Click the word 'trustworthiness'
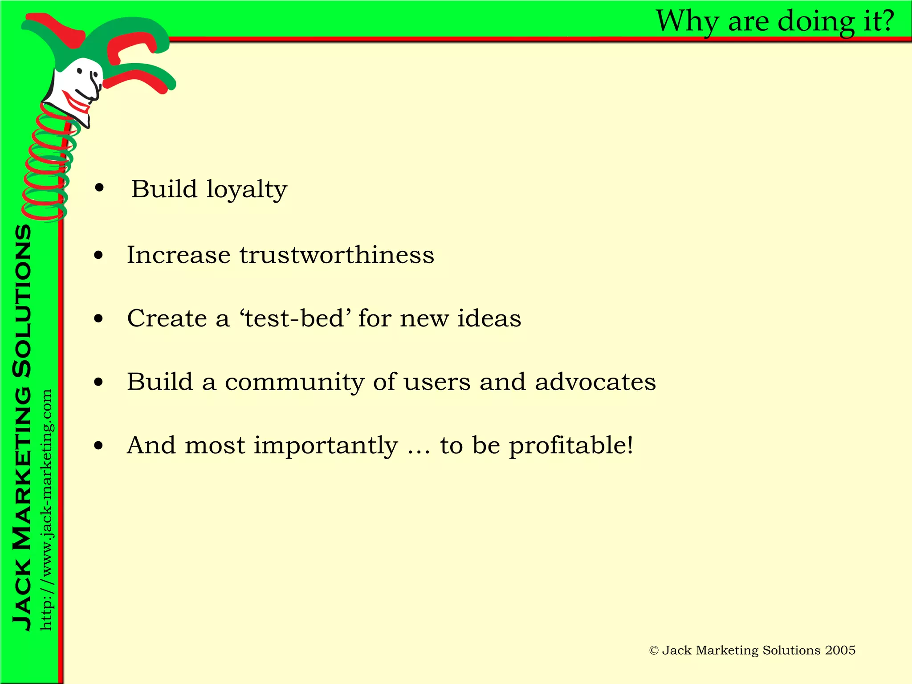[337, 255]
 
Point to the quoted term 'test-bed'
[295, 318]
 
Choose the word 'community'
[294, 382]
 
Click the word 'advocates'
[595, 382]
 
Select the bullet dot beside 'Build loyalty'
[99, 188]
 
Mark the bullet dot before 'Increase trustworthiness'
[99, 256]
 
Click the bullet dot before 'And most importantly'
[99, 446]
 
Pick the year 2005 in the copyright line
[840, 651]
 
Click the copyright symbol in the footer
[654, 651]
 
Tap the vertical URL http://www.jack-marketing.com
[46, 510]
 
